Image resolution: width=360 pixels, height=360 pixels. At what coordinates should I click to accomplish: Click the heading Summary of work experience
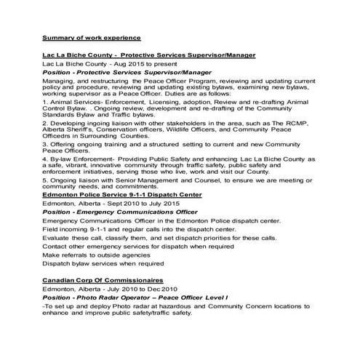point(91,37)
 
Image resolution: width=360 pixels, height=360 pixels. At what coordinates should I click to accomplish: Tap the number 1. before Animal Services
point(45,104)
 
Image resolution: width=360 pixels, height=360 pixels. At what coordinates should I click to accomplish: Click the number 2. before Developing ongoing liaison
point(45,125)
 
